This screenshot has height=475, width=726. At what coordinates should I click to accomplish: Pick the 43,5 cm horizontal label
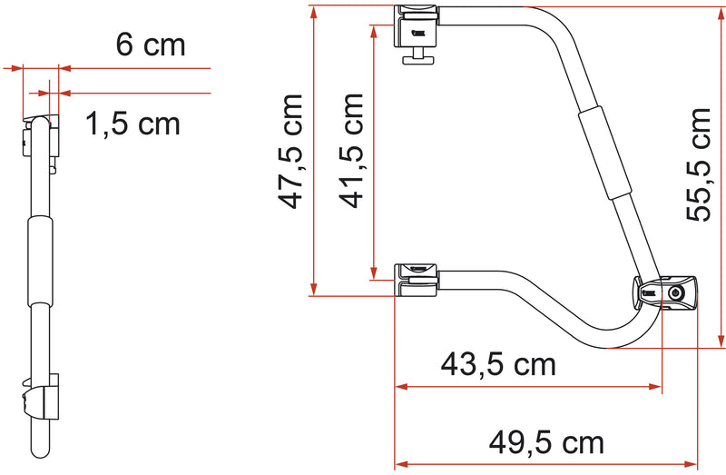coord(497,365)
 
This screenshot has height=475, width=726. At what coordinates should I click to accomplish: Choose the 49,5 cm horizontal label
coord(545,442)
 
